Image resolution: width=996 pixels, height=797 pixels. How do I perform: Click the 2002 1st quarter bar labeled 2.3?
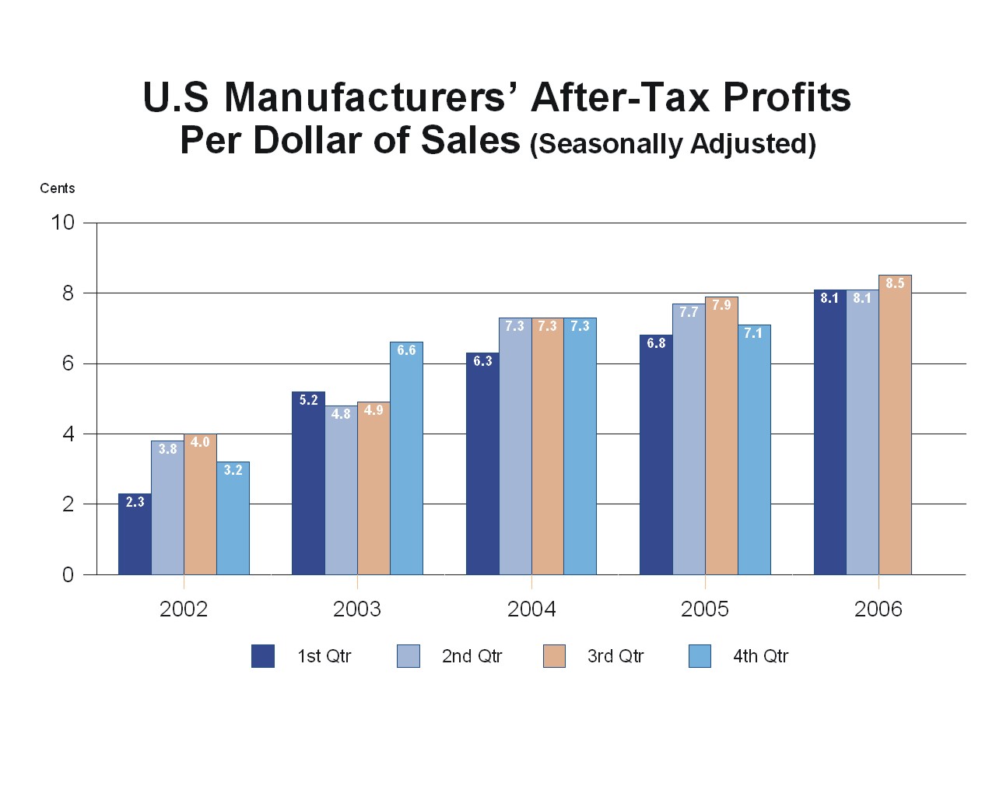click(135, 535)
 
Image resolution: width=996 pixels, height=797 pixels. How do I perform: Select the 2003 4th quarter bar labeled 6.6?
click(406, 458)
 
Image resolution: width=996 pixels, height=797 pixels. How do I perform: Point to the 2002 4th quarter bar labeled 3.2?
click(233, 518)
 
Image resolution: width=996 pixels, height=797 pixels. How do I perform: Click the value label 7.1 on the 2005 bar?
click(753, 333)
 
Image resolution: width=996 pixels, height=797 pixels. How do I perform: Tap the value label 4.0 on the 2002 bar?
click(200, 442)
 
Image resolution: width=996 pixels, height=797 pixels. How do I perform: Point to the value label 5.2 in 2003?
click(308, 400)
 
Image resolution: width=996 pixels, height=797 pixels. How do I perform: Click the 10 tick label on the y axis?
click(62, 223)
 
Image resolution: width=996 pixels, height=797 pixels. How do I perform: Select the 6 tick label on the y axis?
click(68, 363)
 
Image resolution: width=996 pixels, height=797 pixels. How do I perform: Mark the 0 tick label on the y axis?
click(68, 574)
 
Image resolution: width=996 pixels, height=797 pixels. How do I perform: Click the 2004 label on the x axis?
click(531, 609)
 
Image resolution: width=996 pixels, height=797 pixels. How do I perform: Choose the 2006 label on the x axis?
click(879, 609)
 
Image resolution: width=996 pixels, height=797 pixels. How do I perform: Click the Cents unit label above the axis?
click(58, 188)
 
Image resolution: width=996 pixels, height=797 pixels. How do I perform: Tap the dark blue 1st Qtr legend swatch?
click(263, 656)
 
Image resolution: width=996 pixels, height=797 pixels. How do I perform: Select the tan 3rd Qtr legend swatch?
click(554, 656)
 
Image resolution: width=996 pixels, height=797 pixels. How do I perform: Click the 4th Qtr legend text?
click(760, 656)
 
